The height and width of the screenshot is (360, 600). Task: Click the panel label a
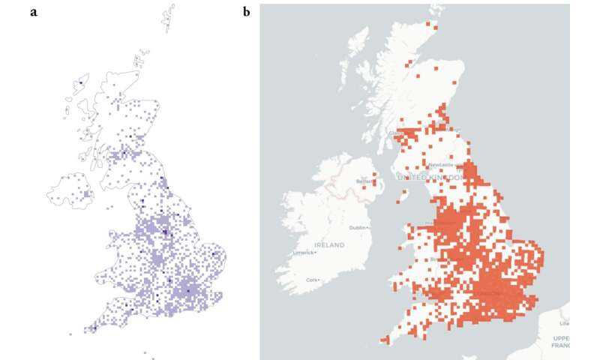click(34, 13)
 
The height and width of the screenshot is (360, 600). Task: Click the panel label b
click(246, 13)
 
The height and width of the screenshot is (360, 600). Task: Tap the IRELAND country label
click(329, 245)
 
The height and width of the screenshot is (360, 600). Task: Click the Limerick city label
click(304, 252)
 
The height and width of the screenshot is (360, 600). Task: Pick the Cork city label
click(313, 280)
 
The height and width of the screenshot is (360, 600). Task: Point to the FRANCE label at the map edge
click(560, 346)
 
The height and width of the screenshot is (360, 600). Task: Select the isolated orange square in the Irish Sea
click(398, 200)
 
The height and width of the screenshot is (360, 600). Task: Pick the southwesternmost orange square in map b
click(385, 342)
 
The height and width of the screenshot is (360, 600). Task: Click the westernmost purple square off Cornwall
click(70, 334)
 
